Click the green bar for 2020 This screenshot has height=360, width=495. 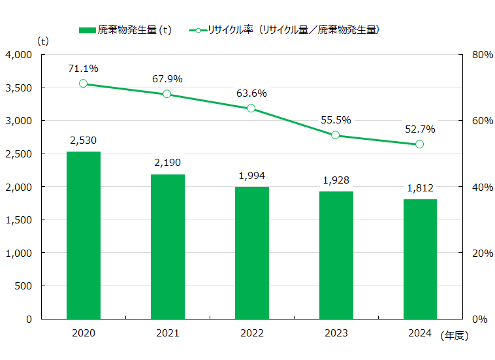point(84,235)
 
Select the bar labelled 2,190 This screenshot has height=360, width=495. point(168,246)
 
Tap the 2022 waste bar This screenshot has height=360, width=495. point(252,253)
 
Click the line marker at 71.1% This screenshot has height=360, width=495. point(84,84)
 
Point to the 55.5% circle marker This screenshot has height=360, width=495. point(336,135)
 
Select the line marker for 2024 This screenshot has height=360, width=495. point(420,144)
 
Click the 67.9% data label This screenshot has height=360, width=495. point(168,79)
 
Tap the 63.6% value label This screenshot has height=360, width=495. point(251,93)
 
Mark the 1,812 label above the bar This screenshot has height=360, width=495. point(420,188)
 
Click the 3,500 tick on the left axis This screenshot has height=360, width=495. point(19,88)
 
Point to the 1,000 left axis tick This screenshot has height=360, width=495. point(19,253)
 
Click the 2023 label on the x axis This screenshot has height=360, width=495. point(336,334)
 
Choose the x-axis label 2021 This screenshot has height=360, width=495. point(168,334)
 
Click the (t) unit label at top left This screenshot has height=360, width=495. point(44,41)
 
